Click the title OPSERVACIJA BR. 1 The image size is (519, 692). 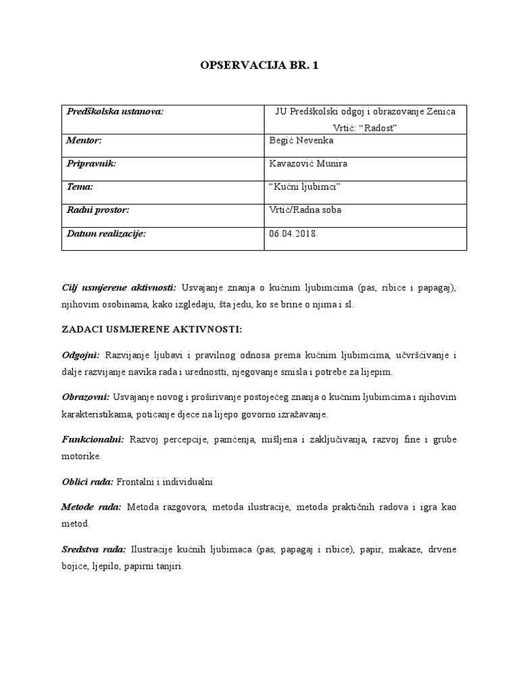click(259, 66)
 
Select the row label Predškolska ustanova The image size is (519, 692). click(116, 112)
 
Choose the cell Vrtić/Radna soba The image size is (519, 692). click(305, 210)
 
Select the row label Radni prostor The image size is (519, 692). click(97, 210)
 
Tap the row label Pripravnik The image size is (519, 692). click(91, 164)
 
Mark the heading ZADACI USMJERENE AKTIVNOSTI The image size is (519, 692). click(151, 329)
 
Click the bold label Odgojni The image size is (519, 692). click(80, 355)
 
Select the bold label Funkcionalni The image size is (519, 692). click(93, 440)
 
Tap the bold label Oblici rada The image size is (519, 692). click(87, 483)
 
